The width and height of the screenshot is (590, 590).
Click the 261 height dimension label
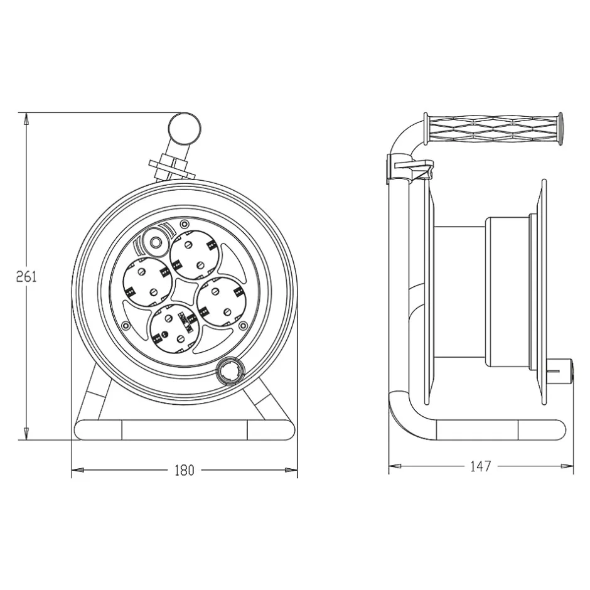point(26,276)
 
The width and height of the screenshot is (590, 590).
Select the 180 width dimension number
point(184,469)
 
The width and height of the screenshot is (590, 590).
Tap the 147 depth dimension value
point(480,466)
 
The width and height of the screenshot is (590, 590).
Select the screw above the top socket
point(184,225)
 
